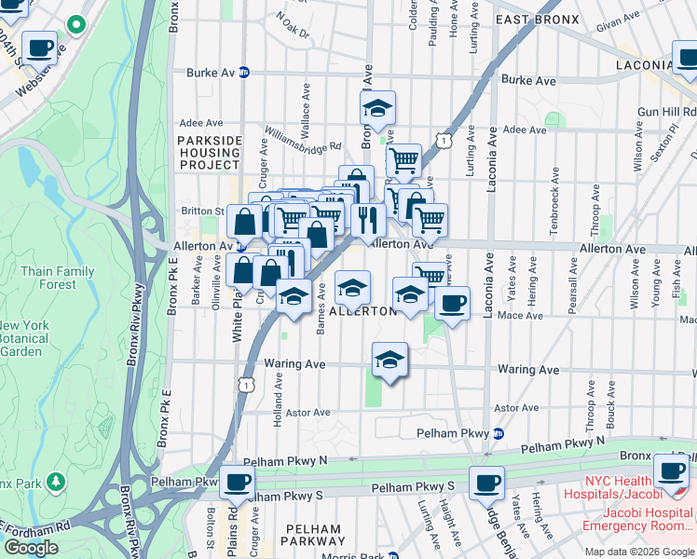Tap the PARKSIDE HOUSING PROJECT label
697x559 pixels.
click(x=209, y=153)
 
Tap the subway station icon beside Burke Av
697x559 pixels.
click(x=244, y=72)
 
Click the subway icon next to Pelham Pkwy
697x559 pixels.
click(x=499, y=433)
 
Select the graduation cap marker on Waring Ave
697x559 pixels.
click(x=389, y=360)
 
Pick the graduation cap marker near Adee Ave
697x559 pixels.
click(x=377, y=108)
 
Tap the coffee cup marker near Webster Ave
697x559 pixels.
click(x=39, y=47)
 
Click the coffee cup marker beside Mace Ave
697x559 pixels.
click(x=452, y=304)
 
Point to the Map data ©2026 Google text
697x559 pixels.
click(x=639, y=552)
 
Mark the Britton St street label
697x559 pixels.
click(x=206, y=211)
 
